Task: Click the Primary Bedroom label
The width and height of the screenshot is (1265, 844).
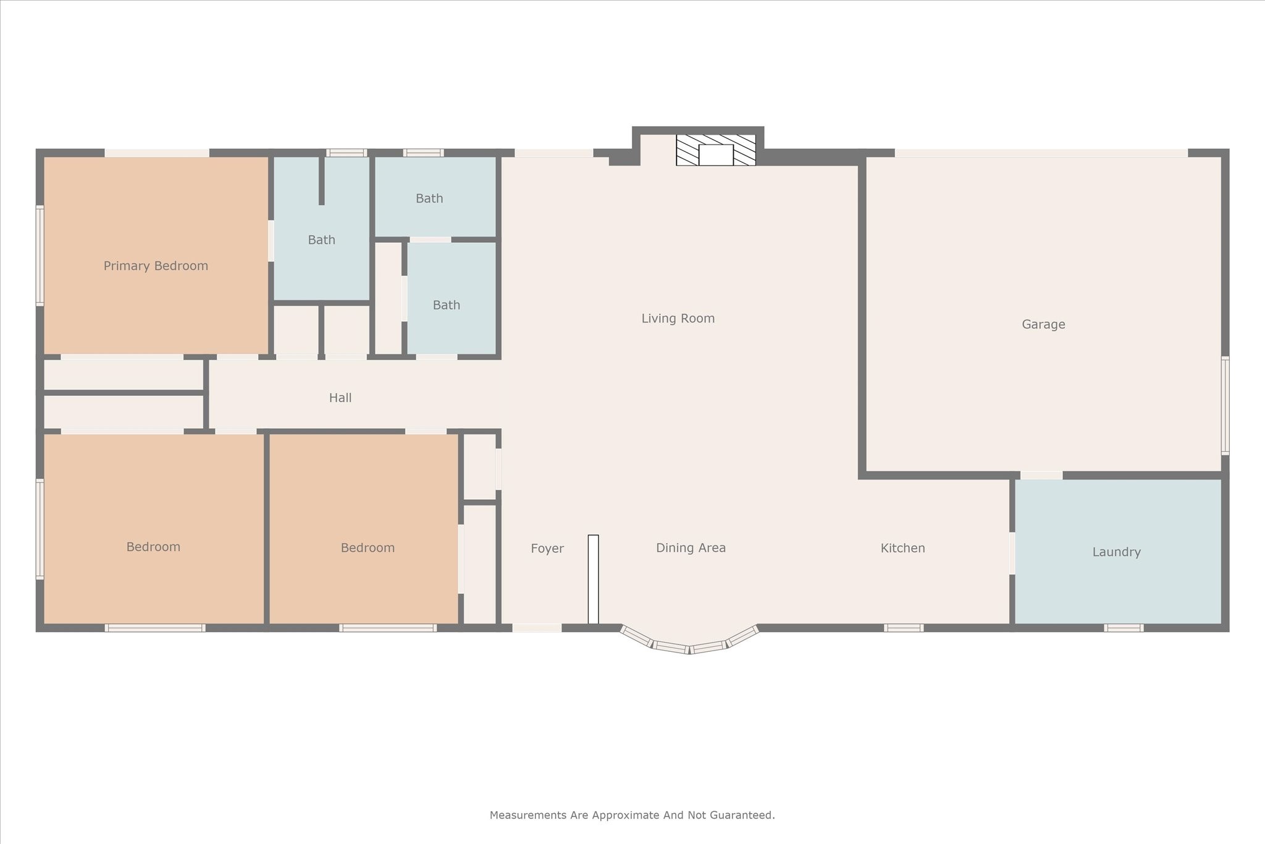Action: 156,266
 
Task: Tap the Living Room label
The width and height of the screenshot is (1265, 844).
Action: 678,319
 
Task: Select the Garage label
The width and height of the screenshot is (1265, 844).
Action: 1043,324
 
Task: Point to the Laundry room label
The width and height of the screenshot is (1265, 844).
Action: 1116,552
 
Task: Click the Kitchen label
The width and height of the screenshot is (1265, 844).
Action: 902,548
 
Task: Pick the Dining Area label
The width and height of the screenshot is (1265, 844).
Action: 691,548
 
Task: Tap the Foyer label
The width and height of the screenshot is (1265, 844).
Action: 547,549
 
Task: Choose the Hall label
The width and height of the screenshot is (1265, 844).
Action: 340,398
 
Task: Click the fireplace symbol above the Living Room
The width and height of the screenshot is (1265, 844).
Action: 716,150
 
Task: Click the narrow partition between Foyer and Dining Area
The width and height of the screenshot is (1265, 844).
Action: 593,580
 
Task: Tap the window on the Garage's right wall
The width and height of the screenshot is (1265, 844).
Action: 1225,405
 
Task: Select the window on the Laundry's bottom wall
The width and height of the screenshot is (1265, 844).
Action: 1124,628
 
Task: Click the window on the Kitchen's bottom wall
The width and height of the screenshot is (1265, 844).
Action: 904,628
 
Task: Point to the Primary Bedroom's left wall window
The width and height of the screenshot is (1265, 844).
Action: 40,256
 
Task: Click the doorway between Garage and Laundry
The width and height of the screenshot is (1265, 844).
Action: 1041,475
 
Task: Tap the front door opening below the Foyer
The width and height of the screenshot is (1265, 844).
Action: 537,628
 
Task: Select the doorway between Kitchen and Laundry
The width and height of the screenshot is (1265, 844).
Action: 1012,553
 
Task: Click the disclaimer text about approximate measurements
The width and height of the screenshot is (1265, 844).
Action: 632,816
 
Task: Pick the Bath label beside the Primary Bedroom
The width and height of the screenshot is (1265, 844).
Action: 321,240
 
